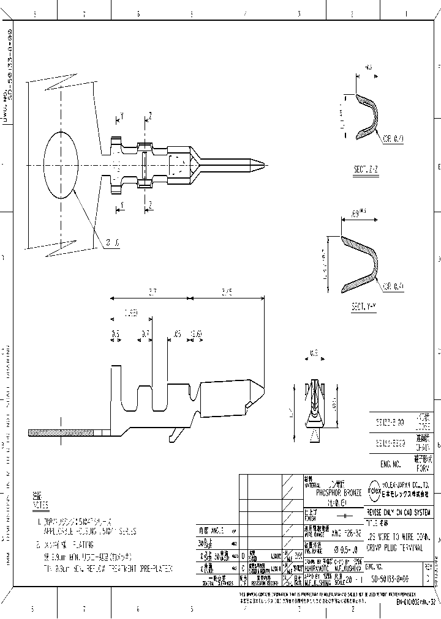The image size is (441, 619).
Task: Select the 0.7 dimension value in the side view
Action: pos(145,333)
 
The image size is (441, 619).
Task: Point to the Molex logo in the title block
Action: pos(374,487)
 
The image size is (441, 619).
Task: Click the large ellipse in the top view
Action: pos(61,165)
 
